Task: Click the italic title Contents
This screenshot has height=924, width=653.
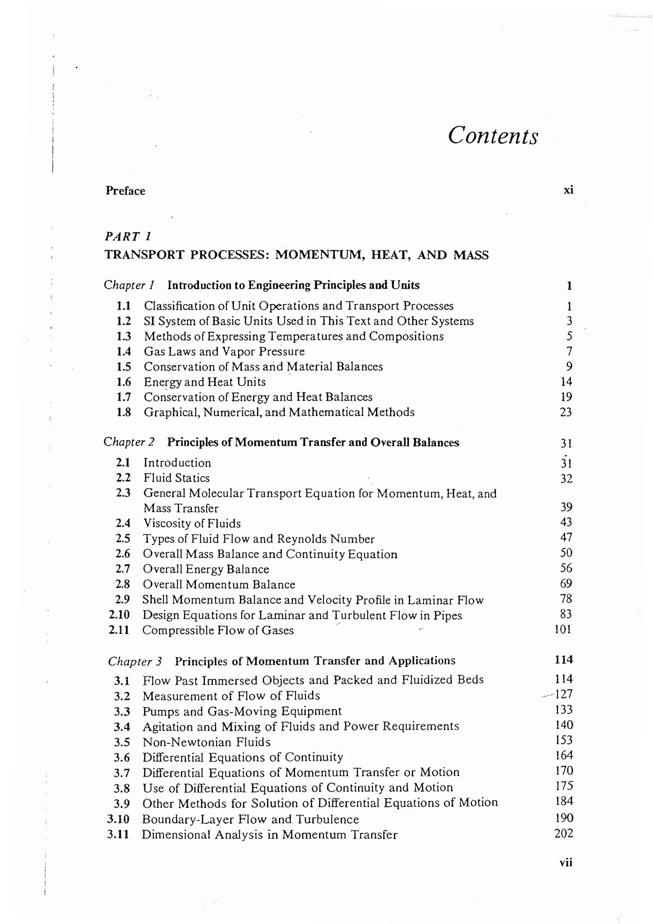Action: [x=493, y=135]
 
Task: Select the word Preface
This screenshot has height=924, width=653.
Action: [x=125, y=191]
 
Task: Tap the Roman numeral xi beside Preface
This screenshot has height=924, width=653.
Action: [x=568, y=190]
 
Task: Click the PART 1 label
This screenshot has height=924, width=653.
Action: [x=128, y=236]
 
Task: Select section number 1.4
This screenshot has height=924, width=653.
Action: [x=123, y=351]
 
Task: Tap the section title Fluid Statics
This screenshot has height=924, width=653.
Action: [x=177, y=478]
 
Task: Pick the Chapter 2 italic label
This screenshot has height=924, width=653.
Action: [x=129, y=442]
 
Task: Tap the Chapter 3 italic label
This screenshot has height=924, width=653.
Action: [x=135, y=661]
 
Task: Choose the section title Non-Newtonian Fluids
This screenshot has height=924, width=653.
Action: [x=206, y=742]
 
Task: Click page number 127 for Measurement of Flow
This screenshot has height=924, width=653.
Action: [x=564, y=694]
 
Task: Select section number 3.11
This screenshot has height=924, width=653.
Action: [x=118, y=834]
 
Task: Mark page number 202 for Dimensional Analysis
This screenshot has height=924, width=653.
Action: [x=563, y=833]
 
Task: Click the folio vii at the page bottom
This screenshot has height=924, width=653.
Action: [x=566, y=862]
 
